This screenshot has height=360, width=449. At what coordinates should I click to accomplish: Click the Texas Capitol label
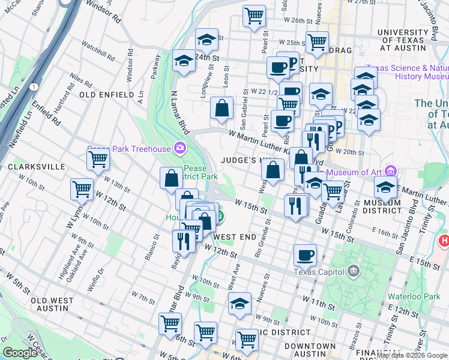(x=321, y=271)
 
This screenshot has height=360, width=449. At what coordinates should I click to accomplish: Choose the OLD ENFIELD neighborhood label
(x=107, y=95)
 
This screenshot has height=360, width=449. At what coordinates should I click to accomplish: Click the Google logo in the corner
(x=20, y=353)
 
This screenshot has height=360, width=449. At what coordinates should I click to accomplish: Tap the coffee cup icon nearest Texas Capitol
(x=305, y=255)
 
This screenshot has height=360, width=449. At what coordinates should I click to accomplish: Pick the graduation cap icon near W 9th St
(x=240, y=303)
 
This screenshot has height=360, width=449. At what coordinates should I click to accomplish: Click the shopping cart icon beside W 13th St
(x=98, y=159)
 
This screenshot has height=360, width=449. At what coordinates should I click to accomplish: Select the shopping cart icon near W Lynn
(x=82, y=188)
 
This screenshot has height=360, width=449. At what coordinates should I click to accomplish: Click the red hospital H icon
(x=444, y=241)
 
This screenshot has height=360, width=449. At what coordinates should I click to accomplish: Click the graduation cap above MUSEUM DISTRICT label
(x=385, y=187)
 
